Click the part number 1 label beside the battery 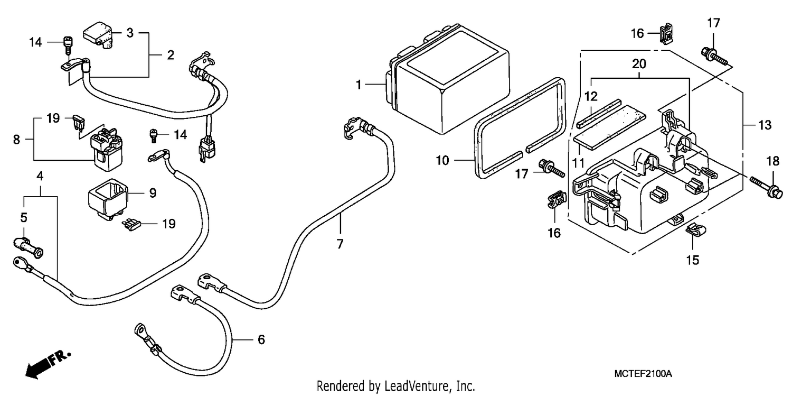pyautogui.click(x=359, y=85)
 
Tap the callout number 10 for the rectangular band pyautogui.click(x=442, y=161)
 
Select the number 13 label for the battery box pyautogui.click(x=765, y=125)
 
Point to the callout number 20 pyautogui.click(x=639, y=64)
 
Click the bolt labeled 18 pyautogui.click(x=765, y=188)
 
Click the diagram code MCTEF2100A pyautogui.click(x=643, y=374)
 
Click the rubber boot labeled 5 pyautogui.click(x=29, y=247)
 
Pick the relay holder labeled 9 pyautogui.click(x=107, y=199)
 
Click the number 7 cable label pyautogui.click(x=340, y=244)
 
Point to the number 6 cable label pyautogui.click(x=261, y=340)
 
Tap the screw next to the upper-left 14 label pyautogui.click(x=67, y=45)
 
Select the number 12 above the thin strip pyautogui.click(x=590, y=96)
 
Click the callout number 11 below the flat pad pyautogui.click(x=579, y=163)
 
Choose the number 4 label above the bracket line pyautogui.click(x=40, y=176)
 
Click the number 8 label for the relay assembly pyautogui.click(x=16, y=140)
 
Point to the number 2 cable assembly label pyautogui.click(x=171, y=55)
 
